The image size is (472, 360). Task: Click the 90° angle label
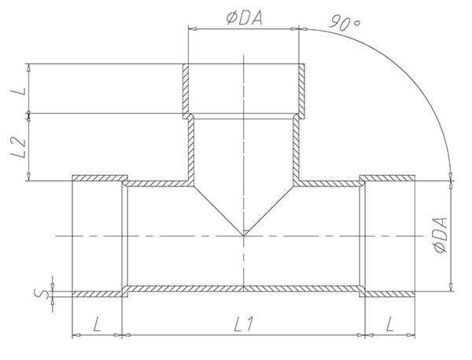pos(345,23)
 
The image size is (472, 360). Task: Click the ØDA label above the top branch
pos(245,18)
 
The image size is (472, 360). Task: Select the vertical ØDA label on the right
pos(441,236)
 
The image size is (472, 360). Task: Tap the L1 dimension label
pos(245,325)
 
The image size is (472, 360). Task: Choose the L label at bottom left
pos(97,325)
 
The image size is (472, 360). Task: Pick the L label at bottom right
pos(390,325)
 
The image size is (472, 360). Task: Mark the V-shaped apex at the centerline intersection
pos(244,236)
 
